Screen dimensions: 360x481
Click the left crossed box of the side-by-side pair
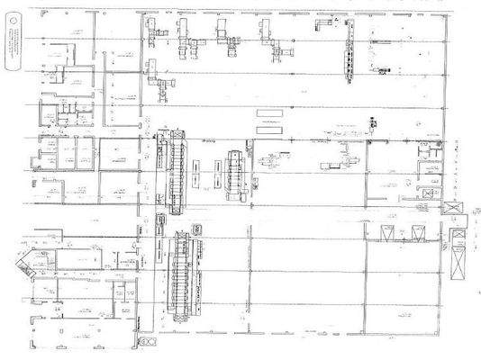pyautogui.click(x=389, y=234)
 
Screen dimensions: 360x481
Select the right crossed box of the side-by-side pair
pyautogui.click(x=417, y=234)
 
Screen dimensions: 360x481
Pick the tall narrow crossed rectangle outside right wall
pyautogui.click(x=459, y=253)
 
